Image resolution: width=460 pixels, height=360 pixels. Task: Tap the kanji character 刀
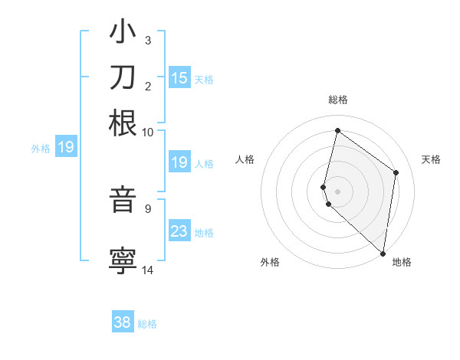pyautogui.click(x=123, y=77)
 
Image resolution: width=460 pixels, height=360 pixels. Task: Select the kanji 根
pyautogui.click(x=123, y=123)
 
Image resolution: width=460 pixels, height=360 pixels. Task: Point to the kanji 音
pyautogui.click(x=123, y=200)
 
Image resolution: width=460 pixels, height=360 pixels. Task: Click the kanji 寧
pyautogui.click(x=123, y=260)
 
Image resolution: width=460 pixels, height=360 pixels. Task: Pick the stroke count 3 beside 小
pyautogui.click(x=147, y=40)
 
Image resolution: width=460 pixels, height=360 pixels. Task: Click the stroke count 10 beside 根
pyautogui.click(x=148, y=131)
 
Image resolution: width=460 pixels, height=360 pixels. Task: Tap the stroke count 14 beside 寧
pyautogui.click(x=148, y=270)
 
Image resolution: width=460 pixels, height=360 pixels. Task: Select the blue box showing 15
pyautogui.click(x=179, y=77)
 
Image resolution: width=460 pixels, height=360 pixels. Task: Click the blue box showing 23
pyautogui.click(x=179, y=231)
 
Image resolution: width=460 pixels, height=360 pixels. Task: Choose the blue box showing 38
pyautogui.click(x=123, y=322)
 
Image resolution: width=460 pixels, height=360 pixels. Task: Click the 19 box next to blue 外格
pyautogui.click(x=66, y=147)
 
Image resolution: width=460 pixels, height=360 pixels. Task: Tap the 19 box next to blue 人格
pyautogui.click(x=179, y=162)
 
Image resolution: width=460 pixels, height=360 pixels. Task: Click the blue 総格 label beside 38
pyautogui.click(x=147, y=324)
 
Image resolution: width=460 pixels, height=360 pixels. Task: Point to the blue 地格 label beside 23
pyautogui.click(x=204, y=232)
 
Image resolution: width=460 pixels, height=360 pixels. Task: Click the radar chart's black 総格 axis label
pyautogui.click(x=338, y=100)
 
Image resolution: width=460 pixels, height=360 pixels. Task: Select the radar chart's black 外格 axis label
pyautogui.click(x=270, y=262)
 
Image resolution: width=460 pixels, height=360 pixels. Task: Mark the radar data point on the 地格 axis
pyautogui.click(x=383, y=253)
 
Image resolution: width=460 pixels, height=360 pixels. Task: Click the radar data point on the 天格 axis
pyautogui.click(x=396, y=172)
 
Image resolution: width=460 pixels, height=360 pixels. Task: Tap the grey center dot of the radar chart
pyautogui.click(x=338, y=190)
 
